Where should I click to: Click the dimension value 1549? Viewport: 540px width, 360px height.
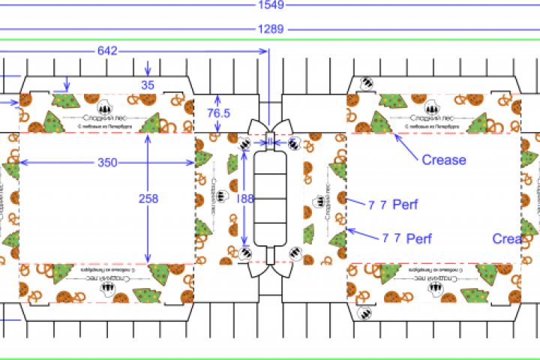270,5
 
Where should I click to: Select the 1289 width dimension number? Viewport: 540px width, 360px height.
270,30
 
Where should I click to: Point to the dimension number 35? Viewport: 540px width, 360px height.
148,85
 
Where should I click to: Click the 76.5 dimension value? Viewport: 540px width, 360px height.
217,113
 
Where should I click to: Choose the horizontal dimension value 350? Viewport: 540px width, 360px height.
108,162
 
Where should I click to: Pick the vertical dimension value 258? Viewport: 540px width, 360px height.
148,199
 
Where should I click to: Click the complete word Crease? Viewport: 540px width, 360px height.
443,160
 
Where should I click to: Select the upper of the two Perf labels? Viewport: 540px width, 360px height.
400,204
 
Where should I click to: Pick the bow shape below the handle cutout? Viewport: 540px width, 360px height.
270,271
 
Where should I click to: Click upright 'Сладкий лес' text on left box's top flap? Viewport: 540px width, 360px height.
103,118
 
